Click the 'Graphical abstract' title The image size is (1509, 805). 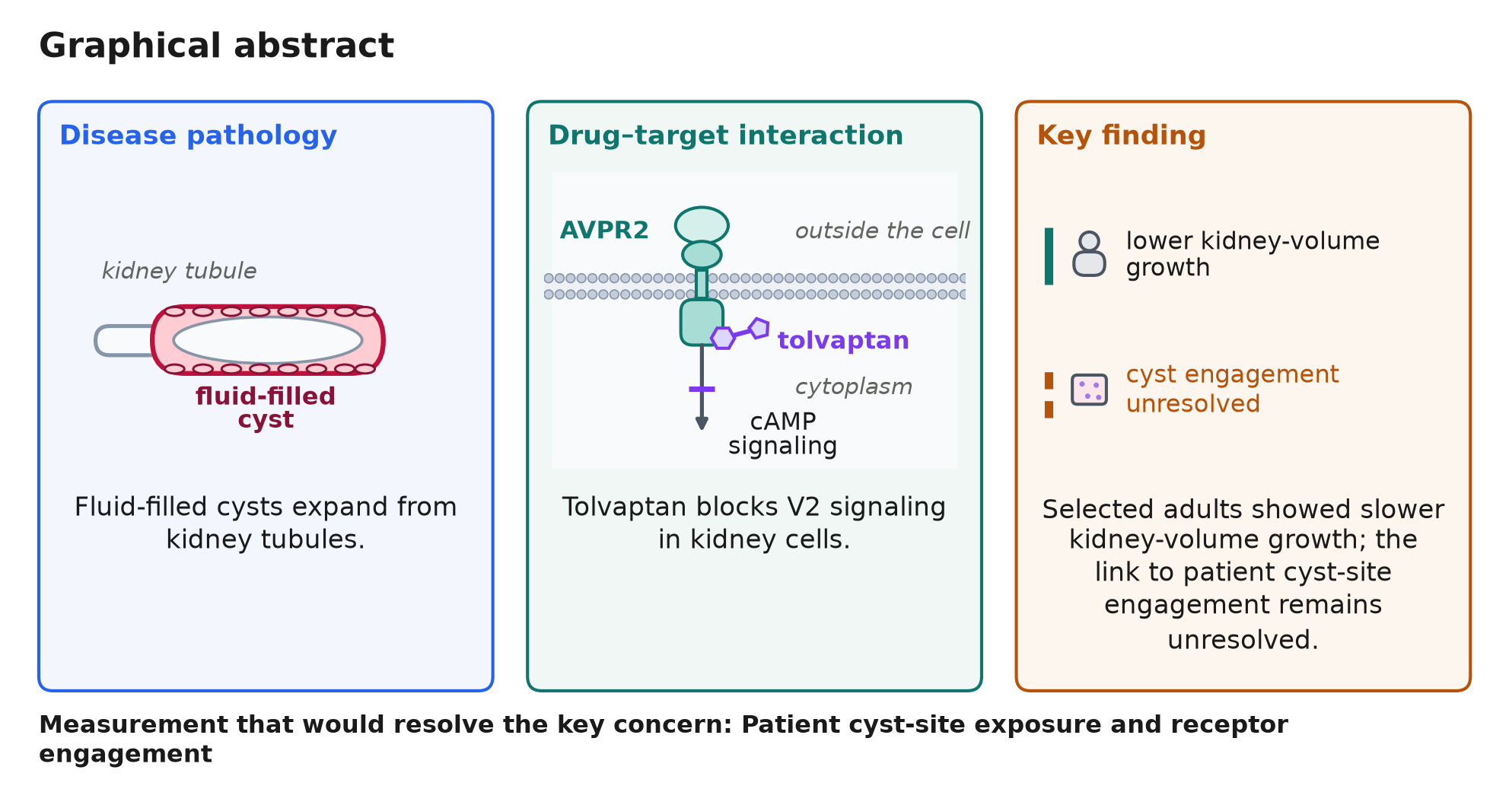[x=217, y=46]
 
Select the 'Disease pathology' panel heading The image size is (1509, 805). [x=198, y=135]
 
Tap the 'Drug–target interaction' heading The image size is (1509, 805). [x=726, y=135]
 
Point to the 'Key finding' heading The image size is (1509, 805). [x=1122, y=135]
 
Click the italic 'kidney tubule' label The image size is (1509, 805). [x=179, y=271]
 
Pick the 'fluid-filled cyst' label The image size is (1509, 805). [x=266, y=408]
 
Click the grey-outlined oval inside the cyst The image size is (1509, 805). [x=268, y=340]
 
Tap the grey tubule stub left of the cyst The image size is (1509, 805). [x=123, y=340]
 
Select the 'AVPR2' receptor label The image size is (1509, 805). [x=604, y=230]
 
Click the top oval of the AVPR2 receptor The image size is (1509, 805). [x=702, y=226]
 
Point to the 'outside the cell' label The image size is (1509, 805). [x=882, y=231]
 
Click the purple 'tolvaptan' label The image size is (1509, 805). [x=843, y=340]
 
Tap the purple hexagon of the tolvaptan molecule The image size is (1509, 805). [x=723, y=337]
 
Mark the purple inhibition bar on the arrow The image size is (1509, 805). [x=702, y=390]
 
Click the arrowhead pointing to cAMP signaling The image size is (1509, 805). [x=702, y=423]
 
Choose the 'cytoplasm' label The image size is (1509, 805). [x=854, y=387]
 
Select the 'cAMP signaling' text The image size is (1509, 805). [x=782, y=434]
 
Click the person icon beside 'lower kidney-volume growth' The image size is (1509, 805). [x=1089, y=254]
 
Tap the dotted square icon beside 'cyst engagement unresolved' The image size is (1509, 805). [x=1089, y=390]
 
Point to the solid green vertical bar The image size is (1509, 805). [x=1049, y=256]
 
